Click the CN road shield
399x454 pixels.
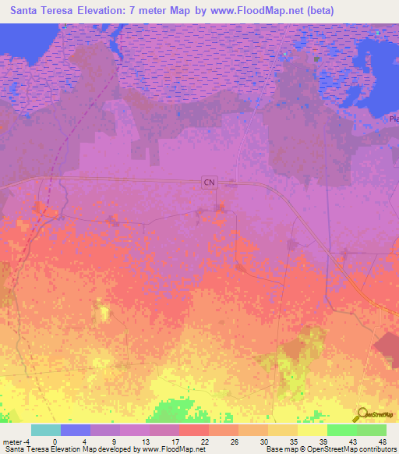coord(208,182)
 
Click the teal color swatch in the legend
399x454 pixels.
coord(45,430)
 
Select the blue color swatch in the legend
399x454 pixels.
coord(76,430)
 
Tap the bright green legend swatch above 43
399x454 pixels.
coord(342,430)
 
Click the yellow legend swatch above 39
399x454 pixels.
coord(312,430)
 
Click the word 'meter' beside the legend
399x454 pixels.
coord(12,441)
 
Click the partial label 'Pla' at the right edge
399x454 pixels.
coord(393,119)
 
